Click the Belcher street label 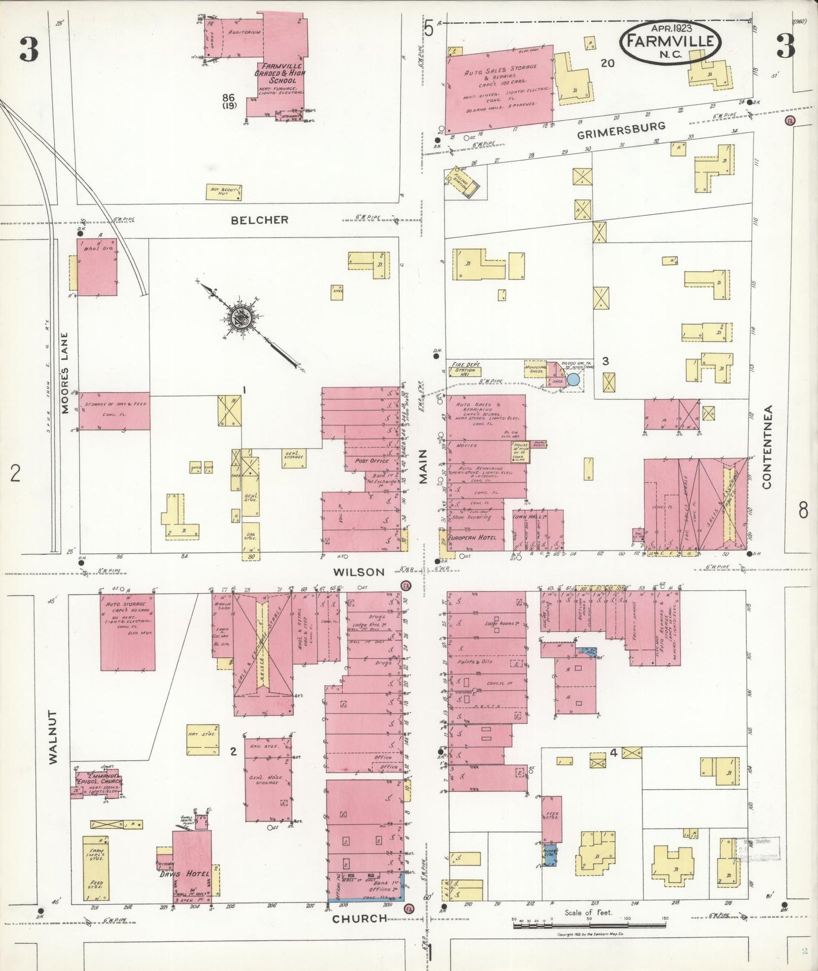259,220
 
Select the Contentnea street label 767,447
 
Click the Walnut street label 53,737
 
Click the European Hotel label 472,537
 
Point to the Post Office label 372,461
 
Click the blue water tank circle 573,380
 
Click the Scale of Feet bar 589,925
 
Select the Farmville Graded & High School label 279,73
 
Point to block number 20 607,63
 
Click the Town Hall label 529,517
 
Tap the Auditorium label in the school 245,32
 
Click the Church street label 359,918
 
